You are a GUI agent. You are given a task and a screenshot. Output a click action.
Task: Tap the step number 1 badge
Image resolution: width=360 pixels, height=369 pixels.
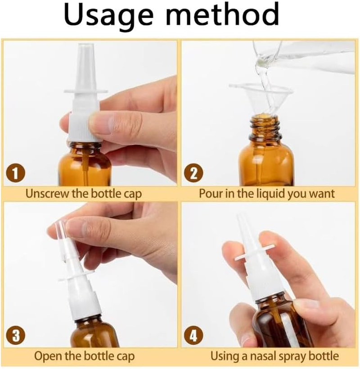point(15,173)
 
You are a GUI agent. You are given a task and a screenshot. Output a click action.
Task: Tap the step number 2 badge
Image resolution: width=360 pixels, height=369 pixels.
point(193,173)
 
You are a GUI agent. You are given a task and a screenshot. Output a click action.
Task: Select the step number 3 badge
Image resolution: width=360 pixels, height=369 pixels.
point(15,336)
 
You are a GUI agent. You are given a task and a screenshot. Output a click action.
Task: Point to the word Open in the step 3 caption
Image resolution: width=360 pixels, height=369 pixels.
point(47,356)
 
